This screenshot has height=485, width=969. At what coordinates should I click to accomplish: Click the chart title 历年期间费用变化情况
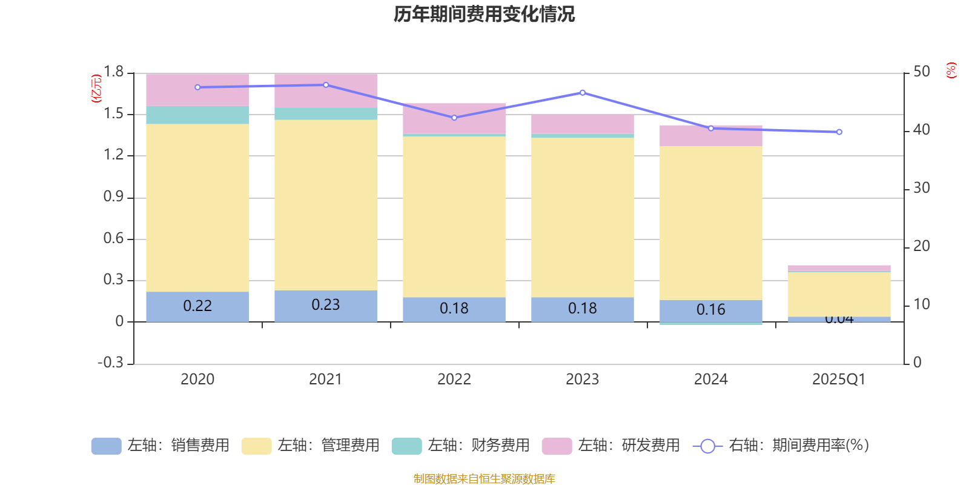(484, 14)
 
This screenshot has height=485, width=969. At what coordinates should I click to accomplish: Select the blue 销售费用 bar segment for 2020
(197, 306)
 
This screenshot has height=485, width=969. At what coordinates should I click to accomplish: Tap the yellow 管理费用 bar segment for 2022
(454, 216)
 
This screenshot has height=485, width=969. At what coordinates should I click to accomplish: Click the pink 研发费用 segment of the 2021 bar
(326, 90)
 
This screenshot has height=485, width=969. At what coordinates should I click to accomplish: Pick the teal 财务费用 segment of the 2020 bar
(197, 115)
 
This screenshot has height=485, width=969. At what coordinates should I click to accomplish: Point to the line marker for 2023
(583, 93)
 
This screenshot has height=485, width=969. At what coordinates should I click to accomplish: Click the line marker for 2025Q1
(839, 132)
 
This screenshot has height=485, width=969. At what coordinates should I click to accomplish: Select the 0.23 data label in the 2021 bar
(326, 304)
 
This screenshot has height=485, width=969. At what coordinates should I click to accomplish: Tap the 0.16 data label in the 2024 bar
(710, 310)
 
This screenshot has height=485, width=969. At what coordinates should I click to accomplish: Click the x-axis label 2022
(454, 380)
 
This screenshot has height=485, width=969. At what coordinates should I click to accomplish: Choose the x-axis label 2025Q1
(839, 380)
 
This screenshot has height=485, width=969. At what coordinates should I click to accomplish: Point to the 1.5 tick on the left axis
(113, 114)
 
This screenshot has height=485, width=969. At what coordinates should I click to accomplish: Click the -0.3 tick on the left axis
(110, 363)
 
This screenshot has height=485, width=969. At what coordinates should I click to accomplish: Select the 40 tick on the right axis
(921, 130)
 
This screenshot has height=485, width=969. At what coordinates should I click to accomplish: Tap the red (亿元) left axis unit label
(96, 89)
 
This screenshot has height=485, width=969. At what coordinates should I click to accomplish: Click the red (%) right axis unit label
(951, 70)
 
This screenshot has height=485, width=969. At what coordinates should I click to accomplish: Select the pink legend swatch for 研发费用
(557, 446)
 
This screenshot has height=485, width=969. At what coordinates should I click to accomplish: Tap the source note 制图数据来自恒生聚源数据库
(484, 479)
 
